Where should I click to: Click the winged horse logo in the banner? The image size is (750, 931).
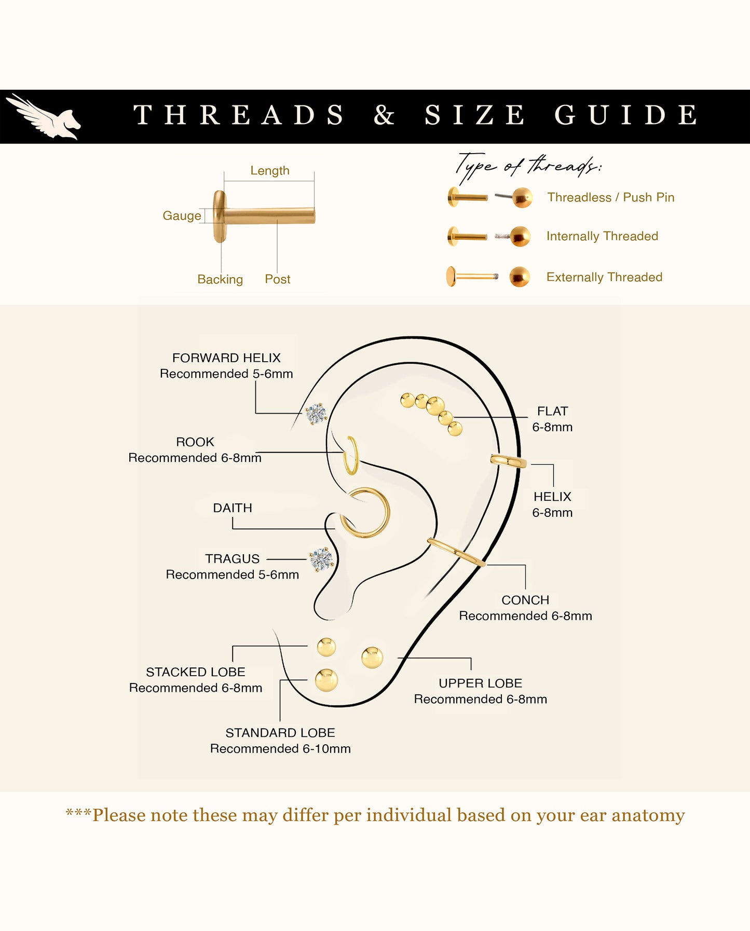click(x=44, y=117)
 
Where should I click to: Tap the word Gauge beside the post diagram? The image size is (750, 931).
click(x=182, y=216)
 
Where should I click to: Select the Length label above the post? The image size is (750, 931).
click(x=270, y=170)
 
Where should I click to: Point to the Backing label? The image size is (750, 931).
click(x=220, y=279)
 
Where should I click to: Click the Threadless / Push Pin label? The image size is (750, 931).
click(x=611, y=197)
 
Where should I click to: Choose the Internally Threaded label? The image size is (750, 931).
click(x=602, y=236)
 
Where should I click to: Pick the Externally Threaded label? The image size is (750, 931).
click(x=604, y=277)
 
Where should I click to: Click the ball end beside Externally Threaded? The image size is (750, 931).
click(x=520, y=277)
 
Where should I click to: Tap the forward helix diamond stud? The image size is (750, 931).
click(x=316, y=414)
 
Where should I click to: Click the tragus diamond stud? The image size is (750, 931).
click(x=321, y=559)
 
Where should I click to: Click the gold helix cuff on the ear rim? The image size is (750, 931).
click(x=508, y=460)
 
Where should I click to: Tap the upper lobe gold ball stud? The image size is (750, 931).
click(x=372, y=658)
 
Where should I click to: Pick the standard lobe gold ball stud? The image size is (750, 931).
click(x=326, y=680)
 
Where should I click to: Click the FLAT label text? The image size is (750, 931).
click(x=552, y=411)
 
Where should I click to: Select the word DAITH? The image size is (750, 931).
click(x=233, y=508)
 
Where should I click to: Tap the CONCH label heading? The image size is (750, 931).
click(x=525, y=600)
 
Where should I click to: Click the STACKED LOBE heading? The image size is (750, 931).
click(x=196, y=672)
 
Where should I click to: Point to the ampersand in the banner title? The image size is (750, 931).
click(x=384, y=115)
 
